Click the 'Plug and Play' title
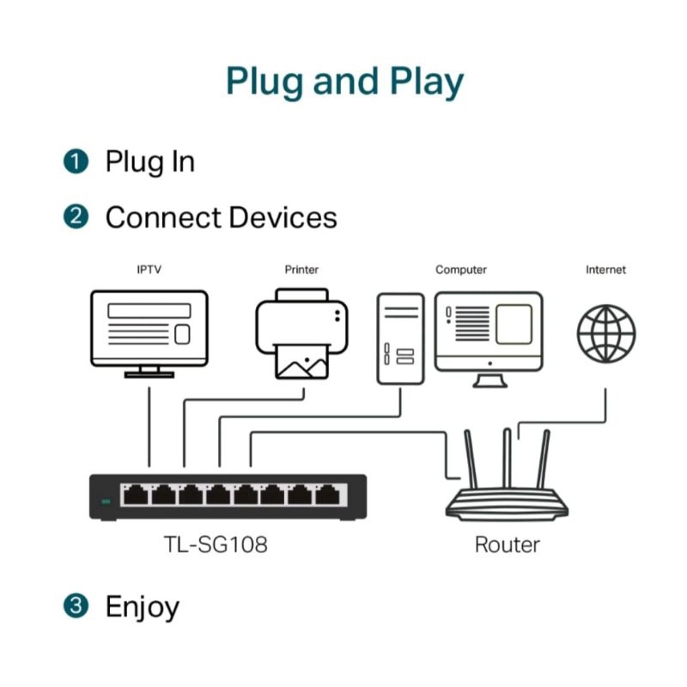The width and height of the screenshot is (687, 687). click(343, 82)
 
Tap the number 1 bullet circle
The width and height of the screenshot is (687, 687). click(76, 161)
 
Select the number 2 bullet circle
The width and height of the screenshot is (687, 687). click(76, 217)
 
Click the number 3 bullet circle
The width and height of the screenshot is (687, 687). click(76, 606)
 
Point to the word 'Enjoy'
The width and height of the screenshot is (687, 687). click(143, 607)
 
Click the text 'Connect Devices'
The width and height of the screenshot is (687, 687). click(221, 217)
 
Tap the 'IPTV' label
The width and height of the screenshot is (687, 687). click(149, 270)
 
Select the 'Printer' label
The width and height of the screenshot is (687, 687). click(301, 270)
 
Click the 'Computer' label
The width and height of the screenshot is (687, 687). click(461, 270)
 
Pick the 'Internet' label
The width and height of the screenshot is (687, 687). click(605, 270)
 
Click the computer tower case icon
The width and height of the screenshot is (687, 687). click(400, 338)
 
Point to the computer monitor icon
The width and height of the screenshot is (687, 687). click(489, 331)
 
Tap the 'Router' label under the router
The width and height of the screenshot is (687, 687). click(507, 544)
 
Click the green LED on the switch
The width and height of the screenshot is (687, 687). click(106, 501)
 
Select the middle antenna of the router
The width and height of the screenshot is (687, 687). click(507, 459)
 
